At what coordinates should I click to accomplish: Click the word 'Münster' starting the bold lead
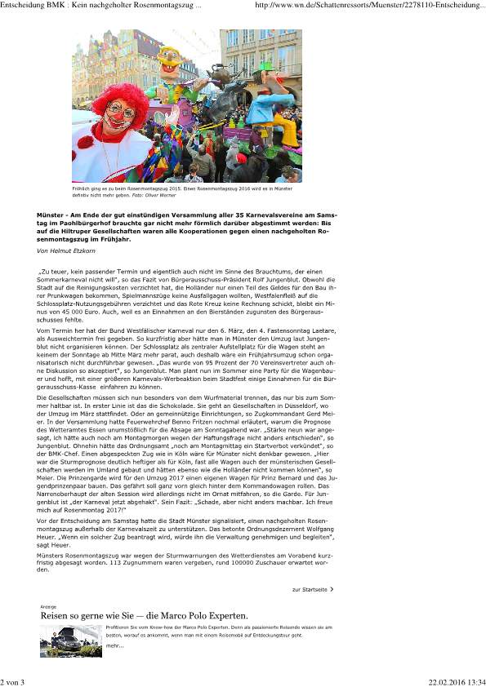[x=52, y=212]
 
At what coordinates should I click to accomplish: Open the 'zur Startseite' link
[x=310, y=588]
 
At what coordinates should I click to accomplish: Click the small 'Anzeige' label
[x=48, y=607]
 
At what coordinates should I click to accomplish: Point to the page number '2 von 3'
[x=15, y=681]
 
